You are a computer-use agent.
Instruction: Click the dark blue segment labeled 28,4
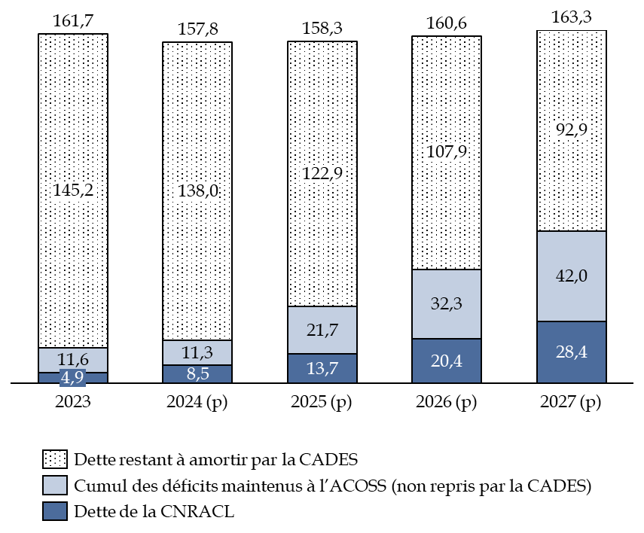572,352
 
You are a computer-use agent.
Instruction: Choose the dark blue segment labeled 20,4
447,361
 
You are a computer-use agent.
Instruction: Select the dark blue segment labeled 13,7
322,368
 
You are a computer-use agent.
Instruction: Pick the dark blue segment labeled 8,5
197,373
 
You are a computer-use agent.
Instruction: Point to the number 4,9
72,378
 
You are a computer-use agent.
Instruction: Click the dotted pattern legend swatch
55,459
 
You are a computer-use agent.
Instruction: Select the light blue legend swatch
55,485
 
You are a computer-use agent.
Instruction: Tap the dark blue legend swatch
55,511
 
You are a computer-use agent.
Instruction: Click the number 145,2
73,190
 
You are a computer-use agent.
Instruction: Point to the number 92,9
572,129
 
